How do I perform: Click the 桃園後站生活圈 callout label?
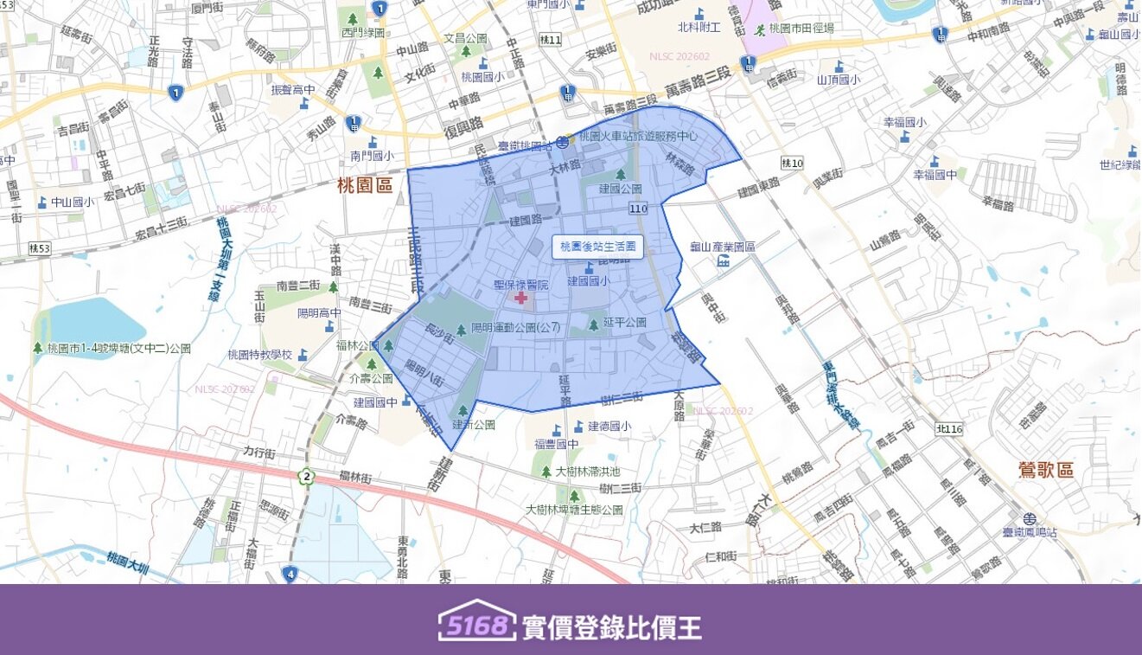click(x=597, y=247)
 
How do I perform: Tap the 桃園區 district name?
click(x=365, y=185)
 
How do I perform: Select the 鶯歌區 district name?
click(x=1046, y=470)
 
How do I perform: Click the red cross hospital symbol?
click(x=521, y=298)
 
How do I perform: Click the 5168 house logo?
click(x=476, y=621)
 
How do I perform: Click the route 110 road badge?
click(x=638, y=209)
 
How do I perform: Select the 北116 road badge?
click(x=948, y=429)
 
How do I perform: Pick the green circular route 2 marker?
click(x=306, y=477)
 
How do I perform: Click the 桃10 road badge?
click(x=792, y=163)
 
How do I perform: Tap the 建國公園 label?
click(x=620, y=188)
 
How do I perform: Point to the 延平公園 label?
click(x=624, y=323)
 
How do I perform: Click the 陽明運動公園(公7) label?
click(x=516, y=329)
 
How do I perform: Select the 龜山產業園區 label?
click(x=722, y=247)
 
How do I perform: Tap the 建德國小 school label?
click(x=609, y=426)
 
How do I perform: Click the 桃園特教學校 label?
click(x=260, y=354)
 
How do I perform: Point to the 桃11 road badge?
click(x=550, y=40)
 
